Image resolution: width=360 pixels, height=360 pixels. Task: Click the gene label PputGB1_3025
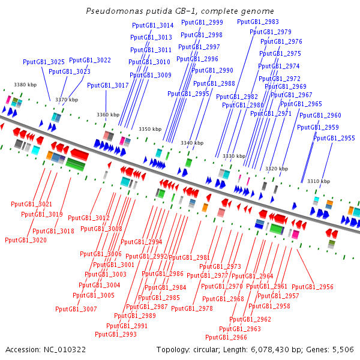point(44,62)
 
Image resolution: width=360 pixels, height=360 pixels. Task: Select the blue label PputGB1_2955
point(334,138)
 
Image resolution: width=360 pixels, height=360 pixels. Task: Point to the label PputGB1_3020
point(26,240)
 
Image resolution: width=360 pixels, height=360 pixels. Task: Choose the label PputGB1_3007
point(76,309)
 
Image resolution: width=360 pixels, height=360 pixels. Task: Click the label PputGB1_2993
point(121,334)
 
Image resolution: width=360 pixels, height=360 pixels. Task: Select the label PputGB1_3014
point(152,25)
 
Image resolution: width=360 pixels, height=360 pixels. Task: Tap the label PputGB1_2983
point(258,22)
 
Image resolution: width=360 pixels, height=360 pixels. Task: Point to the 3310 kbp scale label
point(318,181)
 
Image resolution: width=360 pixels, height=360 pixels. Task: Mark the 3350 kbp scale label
point(150,129)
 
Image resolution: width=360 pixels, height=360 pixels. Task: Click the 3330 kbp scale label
point(234,156)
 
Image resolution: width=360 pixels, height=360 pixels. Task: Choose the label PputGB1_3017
point(108,85)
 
